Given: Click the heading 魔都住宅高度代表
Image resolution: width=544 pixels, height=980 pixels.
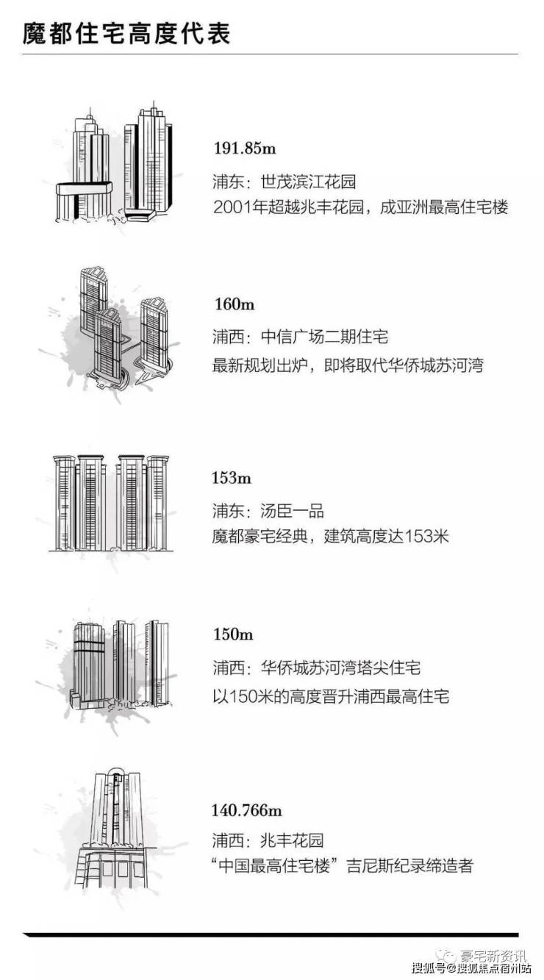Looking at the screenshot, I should (126, 33).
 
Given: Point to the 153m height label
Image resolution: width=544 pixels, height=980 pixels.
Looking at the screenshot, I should (232, 479).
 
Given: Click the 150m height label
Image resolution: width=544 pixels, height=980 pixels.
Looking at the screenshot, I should (232, 634).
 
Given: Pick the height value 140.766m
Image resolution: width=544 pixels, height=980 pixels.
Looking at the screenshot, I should (247, 811).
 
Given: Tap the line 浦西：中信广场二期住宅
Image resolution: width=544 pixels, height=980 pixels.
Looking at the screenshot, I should (300, 337).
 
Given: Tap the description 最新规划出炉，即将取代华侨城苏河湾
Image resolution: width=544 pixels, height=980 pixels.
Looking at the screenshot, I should (347, 364).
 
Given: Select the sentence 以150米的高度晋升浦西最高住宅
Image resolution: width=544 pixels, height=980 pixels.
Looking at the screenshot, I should (330, 695).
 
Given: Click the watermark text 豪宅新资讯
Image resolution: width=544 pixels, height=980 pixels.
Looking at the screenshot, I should (492, 956).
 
